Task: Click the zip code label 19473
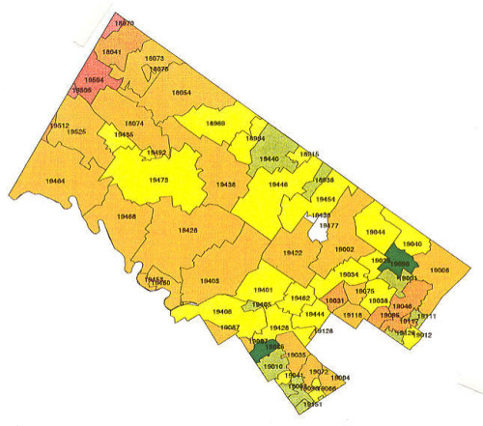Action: [159, 180]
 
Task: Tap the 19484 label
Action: [56, 181]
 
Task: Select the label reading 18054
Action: [181, 92]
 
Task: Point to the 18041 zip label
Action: [112, 51]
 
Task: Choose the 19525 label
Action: [77, 132]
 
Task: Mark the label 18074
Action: [133, 123]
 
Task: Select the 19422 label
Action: [293, 252]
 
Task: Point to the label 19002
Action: [344, 249]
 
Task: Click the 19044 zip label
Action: [376, 232]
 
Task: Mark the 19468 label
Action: [126, 217]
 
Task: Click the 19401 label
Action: [263, 290]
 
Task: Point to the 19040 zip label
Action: [412, 244]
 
